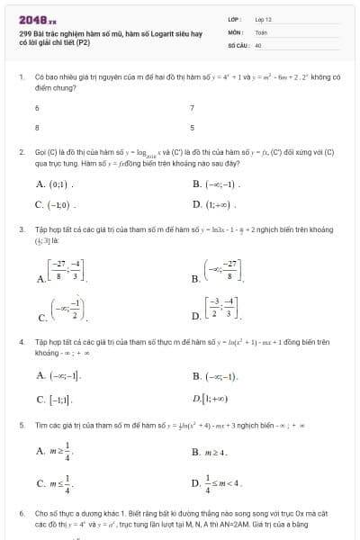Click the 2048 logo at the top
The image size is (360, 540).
pos(36,17)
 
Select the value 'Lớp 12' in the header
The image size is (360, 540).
pos(263,18)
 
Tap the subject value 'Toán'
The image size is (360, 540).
pos(261,31)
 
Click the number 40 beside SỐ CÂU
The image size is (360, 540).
pos(258,43)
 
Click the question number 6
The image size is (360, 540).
pos(21,512)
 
